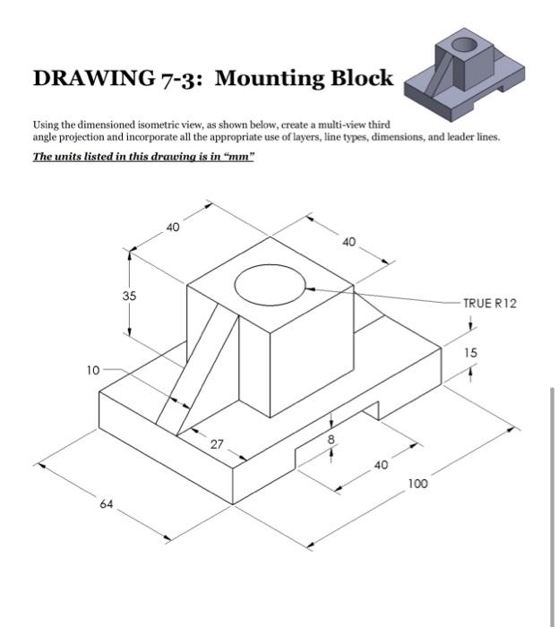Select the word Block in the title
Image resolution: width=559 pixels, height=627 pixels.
[x=362, y=79]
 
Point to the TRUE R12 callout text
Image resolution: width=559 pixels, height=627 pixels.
[x=490, y=304]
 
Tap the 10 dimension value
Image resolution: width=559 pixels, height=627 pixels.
[x=93, y=369]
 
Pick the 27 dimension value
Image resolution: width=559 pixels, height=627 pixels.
[x=218, y=444]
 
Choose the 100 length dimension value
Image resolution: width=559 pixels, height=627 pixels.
[x=417, y=484]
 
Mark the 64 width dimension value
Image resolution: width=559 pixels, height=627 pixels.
[x=107, y=504]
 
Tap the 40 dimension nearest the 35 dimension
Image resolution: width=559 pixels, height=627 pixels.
[x=173, y=228]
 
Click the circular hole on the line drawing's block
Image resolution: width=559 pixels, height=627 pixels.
[x=269, y=285]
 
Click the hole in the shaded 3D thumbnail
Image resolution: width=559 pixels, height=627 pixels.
[x=464, y=44]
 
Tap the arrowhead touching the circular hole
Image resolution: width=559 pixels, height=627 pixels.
[x=309, y=288]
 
